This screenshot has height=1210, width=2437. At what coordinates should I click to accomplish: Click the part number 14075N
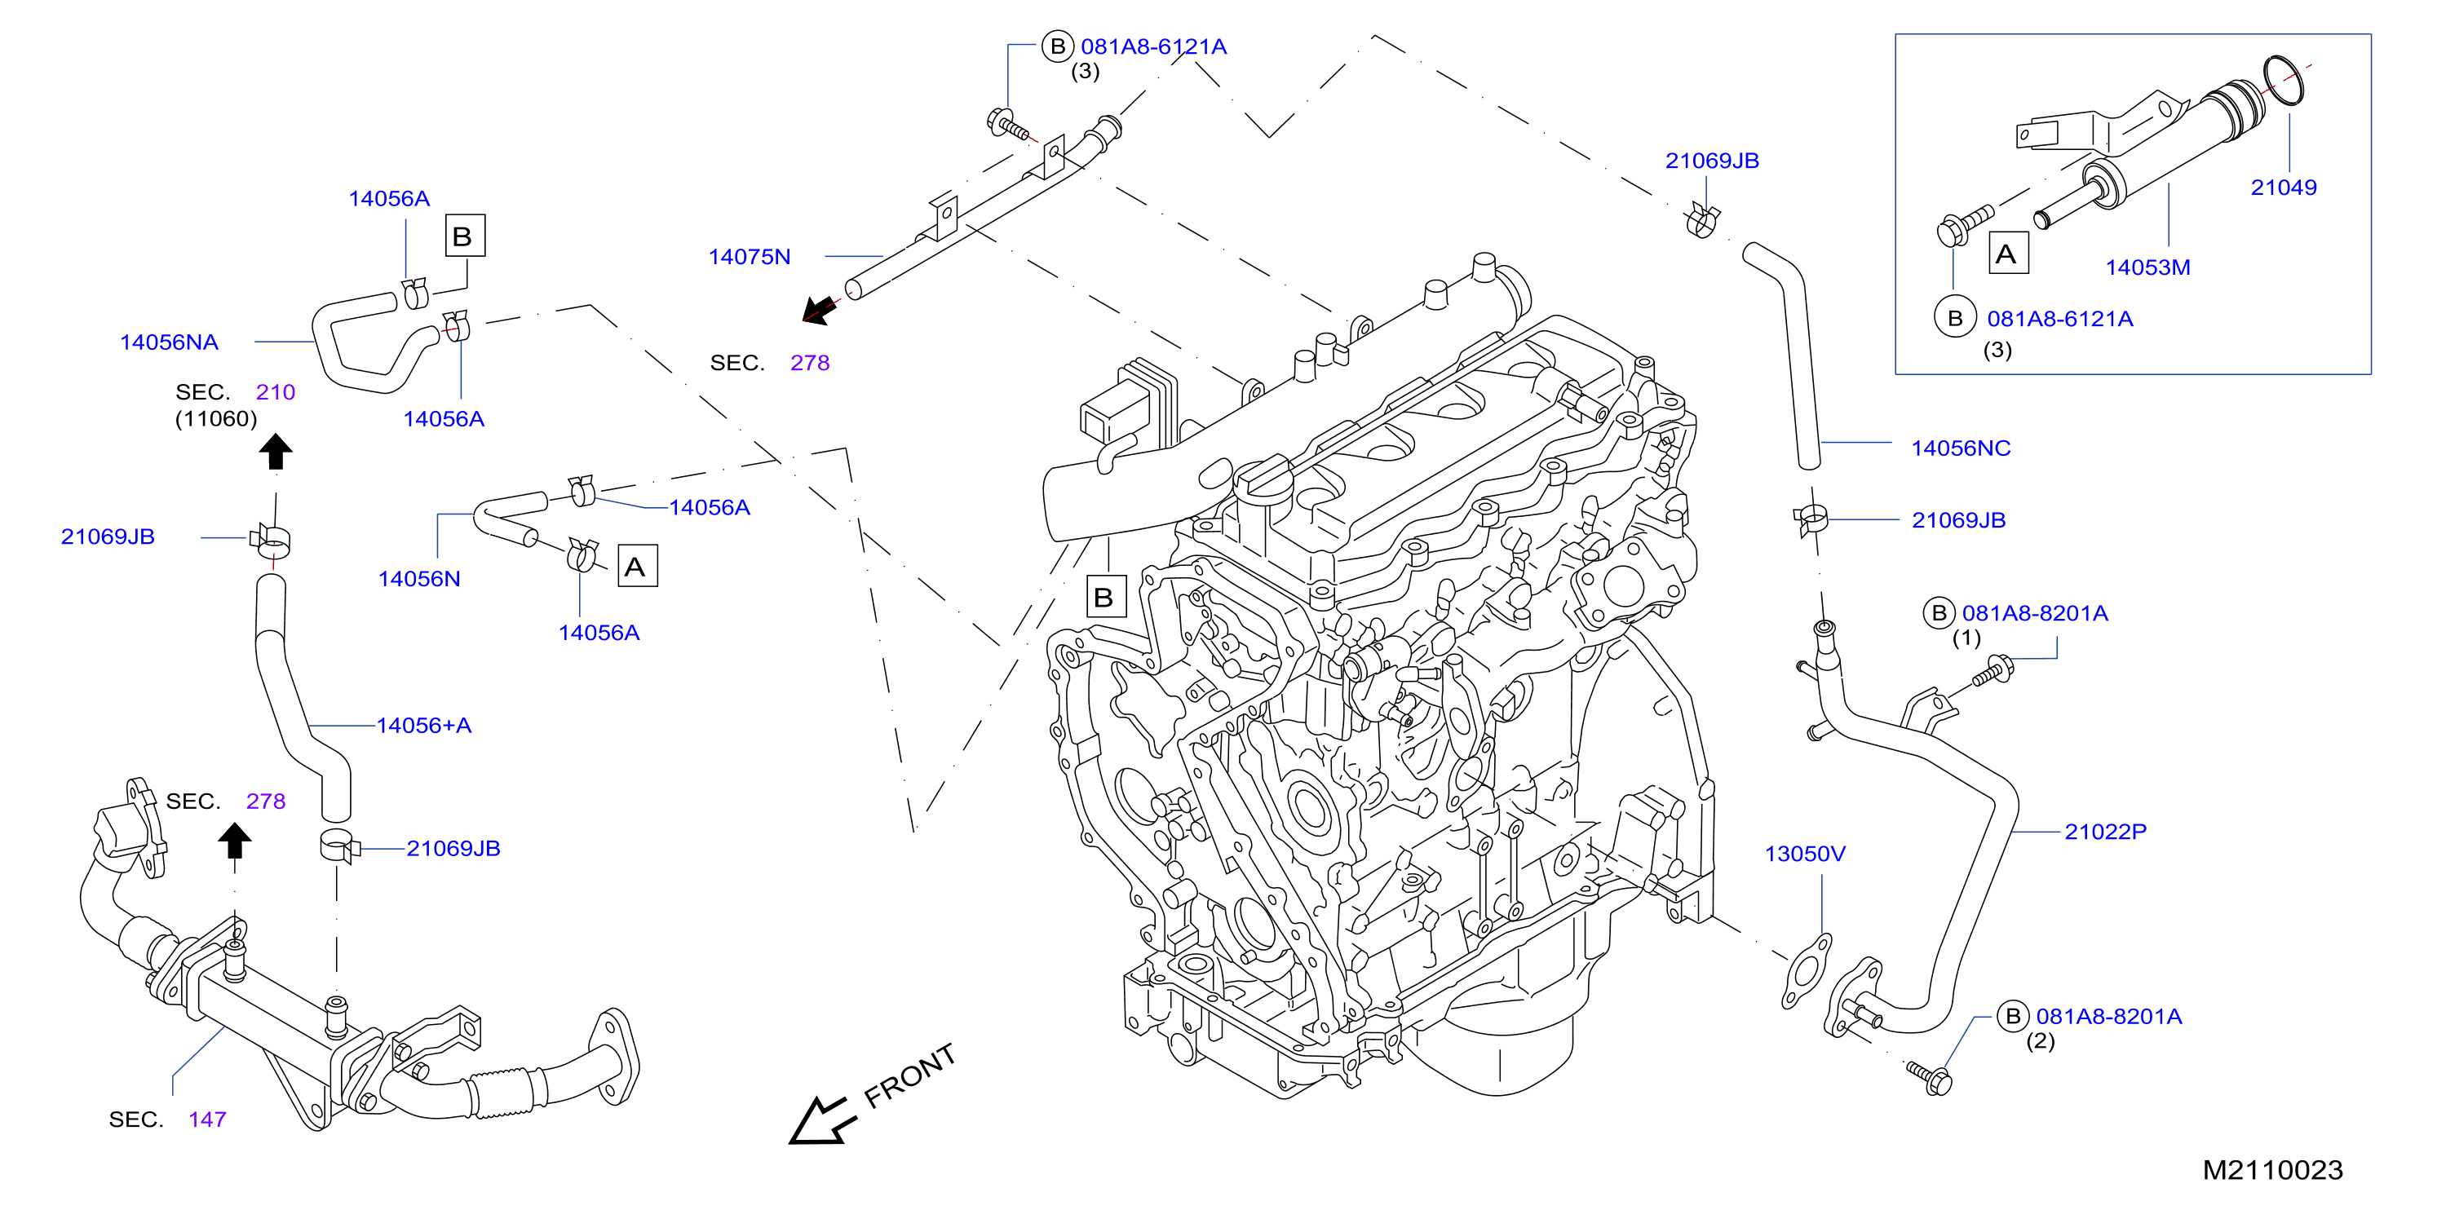point(750,256)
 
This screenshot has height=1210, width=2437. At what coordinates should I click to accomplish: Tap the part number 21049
point(2283,188)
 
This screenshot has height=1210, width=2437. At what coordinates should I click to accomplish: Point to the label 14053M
point(2147,267)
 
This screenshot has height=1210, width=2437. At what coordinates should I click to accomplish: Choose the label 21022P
point(2105,832)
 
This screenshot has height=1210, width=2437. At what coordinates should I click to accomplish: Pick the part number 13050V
point(1804,855)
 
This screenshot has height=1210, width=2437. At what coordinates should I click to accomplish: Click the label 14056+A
point(424,726)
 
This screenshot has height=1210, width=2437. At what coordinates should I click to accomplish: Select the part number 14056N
point(419,579)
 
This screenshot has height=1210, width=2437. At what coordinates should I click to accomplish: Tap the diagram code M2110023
point(2272,1170)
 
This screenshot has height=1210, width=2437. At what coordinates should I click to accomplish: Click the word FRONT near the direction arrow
point(910,1075)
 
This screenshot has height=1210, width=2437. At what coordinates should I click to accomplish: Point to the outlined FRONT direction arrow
point(821,1120)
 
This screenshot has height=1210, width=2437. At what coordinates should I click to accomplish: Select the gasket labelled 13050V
point(1806,972)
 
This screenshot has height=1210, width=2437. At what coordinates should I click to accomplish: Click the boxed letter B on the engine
point(1105,597)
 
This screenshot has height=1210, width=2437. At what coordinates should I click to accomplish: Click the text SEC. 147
point(167,1120)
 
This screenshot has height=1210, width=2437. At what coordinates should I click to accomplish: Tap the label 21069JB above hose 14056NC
point(1711,161)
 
